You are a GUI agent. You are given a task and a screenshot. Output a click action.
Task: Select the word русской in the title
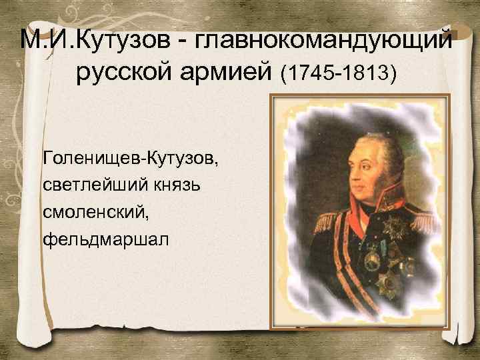click(127, 71)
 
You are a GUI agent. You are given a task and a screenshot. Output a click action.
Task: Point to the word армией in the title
click(231, 71)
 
